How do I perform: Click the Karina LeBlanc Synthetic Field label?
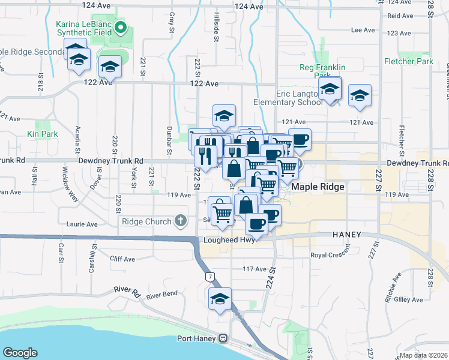pos(84,28)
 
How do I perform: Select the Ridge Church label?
pos(146,221)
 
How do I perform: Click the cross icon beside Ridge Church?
pos(179,221)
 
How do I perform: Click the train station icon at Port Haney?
pos(223,338)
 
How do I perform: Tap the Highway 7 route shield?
pos(209,277)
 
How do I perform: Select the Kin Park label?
pos(43,134)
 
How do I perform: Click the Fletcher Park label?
pos(408,61)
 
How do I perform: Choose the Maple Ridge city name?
pos(318,187)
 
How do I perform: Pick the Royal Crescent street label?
pos(330,255)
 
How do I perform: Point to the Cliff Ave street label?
pos(122,259)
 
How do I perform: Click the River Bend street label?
pos(161,295)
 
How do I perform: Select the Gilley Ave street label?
pos(409,299)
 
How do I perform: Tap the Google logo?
pos(20,353)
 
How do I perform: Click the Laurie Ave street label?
pos(84,224)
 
